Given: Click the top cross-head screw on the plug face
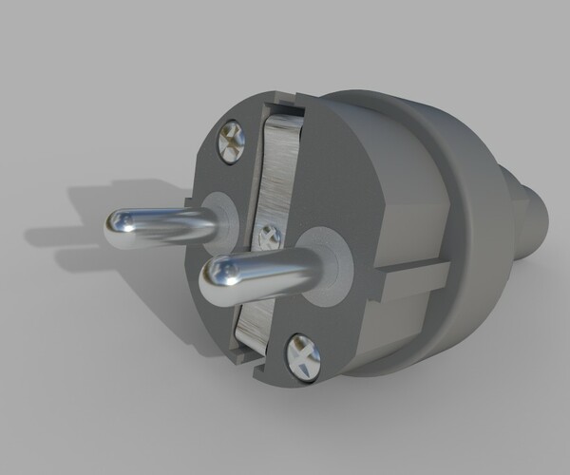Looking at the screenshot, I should (231, 140).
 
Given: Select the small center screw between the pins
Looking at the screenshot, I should (269, 233).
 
